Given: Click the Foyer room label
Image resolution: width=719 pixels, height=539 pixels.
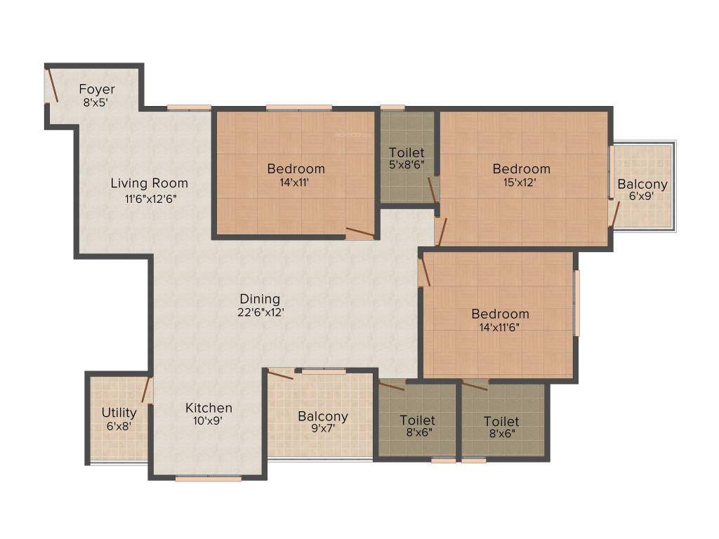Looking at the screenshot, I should tap(97, 89).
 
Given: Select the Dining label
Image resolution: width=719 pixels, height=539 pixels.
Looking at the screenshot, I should tap(260, 299).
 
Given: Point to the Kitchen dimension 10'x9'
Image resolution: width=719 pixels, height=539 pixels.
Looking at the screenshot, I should tap(209, 422).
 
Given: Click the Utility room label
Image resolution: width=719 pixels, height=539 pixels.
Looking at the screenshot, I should tap(119, 413).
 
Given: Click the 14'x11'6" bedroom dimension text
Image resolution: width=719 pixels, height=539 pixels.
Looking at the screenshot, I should tap(500, 327).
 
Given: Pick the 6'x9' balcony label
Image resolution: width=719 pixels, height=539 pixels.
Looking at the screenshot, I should tap(642, 197).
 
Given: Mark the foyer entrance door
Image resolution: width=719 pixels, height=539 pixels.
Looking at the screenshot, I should tap(51, 86).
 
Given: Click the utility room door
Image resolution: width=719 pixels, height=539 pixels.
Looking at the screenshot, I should tap(147, 390).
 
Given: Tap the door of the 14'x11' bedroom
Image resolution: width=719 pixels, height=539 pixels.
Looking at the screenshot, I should tap(359, 234).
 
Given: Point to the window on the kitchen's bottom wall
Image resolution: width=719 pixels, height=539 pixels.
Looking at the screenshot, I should tap(209, 479).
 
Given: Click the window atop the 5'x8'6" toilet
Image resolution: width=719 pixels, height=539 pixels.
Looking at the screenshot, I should tap(393, 107).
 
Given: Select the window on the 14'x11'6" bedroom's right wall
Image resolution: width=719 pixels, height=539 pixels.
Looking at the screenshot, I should tap(576, 303).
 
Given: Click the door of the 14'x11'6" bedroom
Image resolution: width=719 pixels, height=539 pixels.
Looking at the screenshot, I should tap(424, 272).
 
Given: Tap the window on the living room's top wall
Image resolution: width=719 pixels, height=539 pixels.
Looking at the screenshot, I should tap(189, 107).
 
